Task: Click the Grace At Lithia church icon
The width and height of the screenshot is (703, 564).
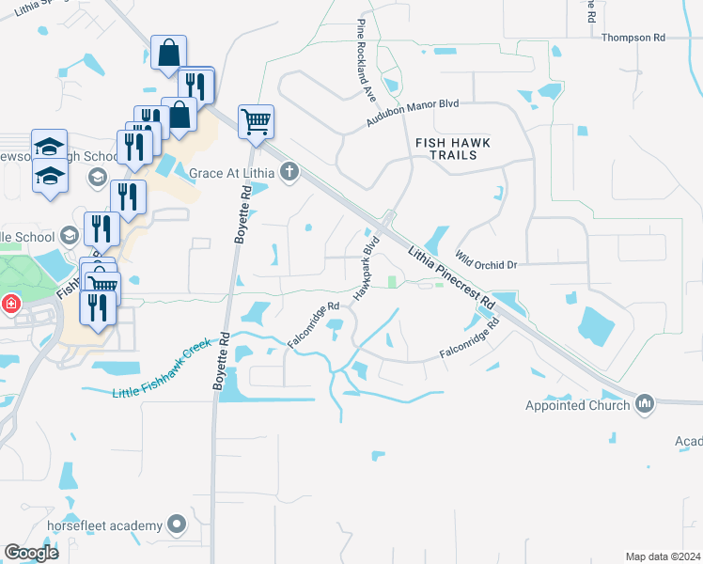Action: tap(290, 173)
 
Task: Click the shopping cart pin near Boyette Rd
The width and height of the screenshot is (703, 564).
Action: tap(256, 121)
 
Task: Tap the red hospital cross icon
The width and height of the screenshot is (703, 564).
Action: tap(10, 305)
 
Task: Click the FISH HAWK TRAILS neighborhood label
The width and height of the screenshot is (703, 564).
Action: tap(453, 149)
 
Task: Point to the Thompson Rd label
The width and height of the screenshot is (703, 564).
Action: tap(633, 38)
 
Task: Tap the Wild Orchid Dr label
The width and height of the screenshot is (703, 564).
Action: tap(486, 259)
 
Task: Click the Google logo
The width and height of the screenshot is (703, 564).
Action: tap(31, 553)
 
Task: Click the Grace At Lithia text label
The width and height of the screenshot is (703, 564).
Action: tap(231, 173)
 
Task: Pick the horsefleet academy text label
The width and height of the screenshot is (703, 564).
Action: tap(103, 525)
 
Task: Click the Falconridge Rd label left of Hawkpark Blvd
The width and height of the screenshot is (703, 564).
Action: tap(313, 322)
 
